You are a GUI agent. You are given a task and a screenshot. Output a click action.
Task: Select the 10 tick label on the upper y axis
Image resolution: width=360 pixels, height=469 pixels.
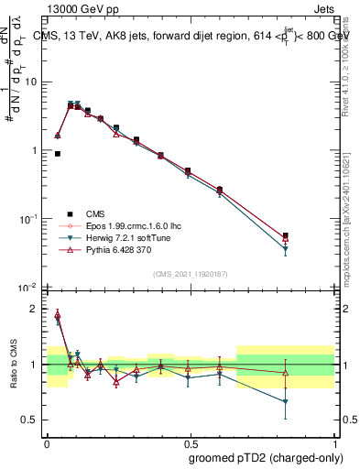click(x=32, y=82)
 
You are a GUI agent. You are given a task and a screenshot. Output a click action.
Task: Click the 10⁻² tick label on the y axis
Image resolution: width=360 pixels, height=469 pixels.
click(x=30, y=288)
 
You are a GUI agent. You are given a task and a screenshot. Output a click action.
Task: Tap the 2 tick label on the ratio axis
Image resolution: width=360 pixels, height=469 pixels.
click(x=36, y=309)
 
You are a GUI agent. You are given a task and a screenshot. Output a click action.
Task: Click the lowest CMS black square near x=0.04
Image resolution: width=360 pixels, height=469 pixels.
click(x=58, y=154)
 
